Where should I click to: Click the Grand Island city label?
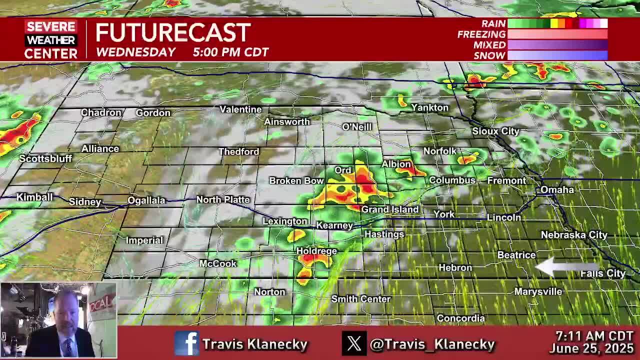click(390, 209)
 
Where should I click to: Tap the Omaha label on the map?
click(557, 190)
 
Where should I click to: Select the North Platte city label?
click(223, 200)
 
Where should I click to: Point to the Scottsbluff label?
click(45, 159)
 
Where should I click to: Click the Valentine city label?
click(240, 109)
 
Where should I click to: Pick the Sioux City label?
click(495, 131)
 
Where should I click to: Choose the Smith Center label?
click(360, 299)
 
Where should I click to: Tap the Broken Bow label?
click(296, 181)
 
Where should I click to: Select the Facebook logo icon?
click(186, 343)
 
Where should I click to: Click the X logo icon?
click(354, 343)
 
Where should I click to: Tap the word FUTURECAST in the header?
click(172, 33)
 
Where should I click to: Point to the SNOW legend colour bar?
click(557, 55)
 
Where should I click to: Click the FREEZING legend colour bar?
click(557, 34)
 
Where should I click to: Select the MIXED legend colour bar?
click(557, 45)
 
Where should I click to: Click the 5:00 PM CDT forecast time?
click(230, 52)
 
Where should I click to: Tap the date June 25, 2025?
click(592, 348)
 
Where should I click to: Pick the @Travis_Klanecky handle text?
click(432, 344)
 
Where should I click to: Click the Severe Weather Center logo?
click(51, 40)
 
